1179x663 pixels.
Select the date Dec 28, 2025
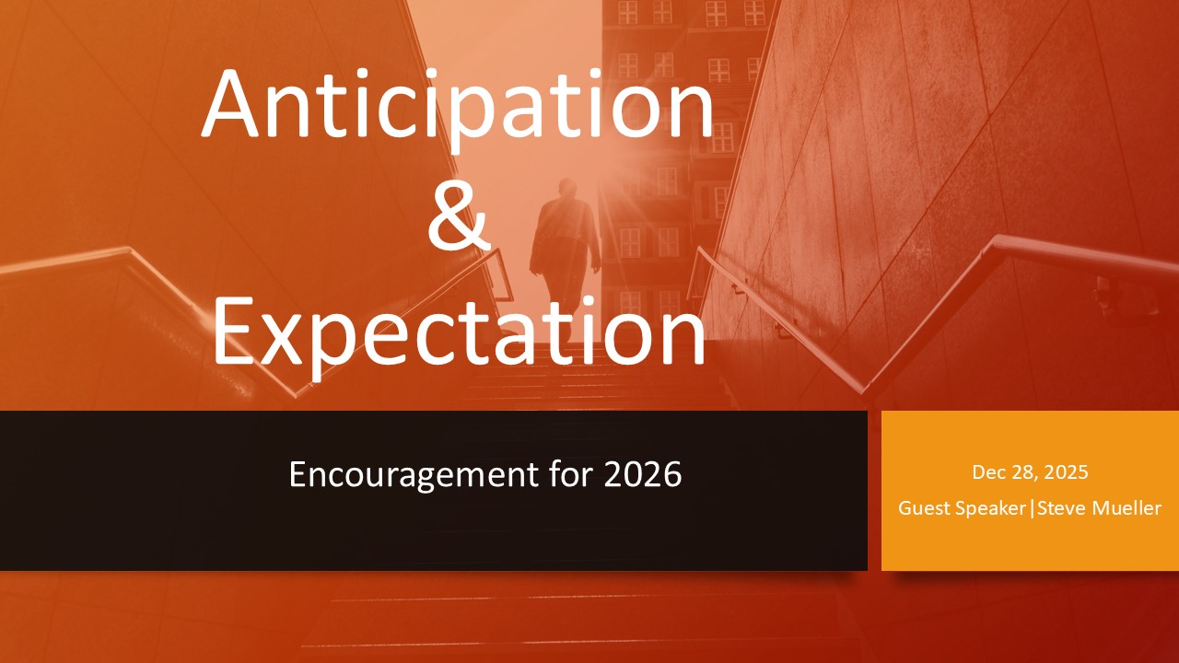pyautogui.click(x=1030, y=472)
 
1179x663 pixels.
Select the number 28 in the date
pyautogui.click(x=1018, y=472)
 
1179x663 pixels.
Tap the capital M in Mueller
pyautogui.click(x=1102, y=508)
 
